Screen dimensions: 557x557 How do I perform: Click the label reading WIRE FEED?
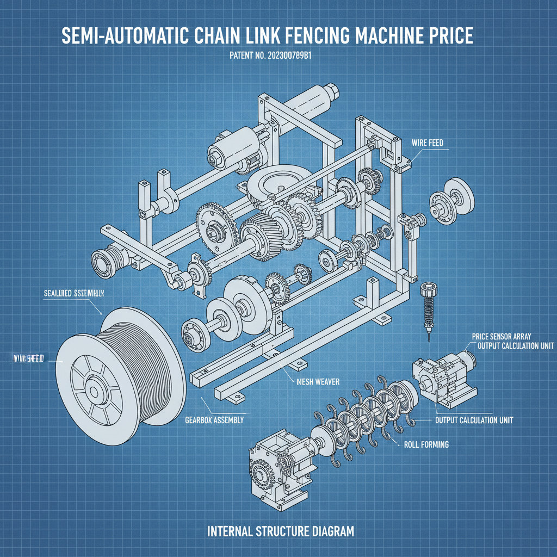(427, 143)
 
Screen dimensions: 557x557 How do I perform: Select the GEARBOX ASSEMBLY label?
(214, 420)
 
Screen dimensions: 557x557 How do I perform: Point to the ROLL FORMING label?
(426, 444)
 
